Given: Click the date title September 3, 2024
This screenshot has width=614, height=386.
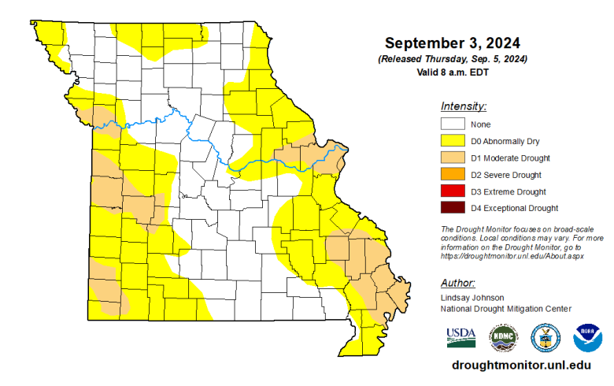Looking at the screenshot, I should (453, 43).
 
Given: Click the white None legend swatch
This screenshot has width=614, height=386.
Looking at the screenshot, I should (452, 124).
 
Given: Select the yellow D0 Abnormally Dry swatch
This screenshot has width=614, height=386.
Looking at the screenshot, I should (452, 141).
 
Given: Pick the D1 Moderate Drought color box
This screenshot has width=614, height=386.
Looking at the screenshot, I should (452, 158).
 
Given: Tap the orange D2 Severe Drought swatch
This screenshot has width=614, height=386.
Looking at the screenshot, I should (452, 174).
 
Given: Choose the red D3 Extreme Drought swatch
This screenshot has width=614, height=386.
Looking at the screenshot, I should (452, 191).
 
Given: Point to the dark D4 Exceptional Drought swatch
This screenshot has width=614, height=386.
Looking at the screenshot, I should (452, 208).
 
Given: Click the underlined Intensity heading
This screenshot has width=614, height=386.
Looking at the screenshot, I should (464, 106).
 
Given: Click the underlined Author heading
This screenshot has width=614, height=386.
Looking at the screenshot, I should (457, 282).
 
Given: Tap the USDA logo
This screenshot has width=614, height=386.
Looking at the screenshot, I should (461, 337).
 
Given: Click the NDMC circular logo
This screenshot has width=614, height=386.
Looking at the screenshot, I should (504, 337).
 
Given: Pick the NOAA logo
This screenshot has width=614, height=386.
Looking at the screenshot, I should (587, 337).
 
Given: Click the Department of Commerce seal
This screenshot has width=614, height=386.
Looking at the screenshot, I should (546, 337).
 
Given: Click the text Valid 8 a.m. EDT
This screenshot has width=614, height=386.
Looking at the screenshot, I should (453, 72).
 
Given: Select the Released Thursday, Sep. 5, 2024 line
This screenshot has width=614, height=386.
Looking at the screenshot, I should (453, 59).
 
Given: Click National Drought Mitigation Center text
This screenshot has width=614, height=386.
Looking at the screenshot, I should (506, 308).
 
